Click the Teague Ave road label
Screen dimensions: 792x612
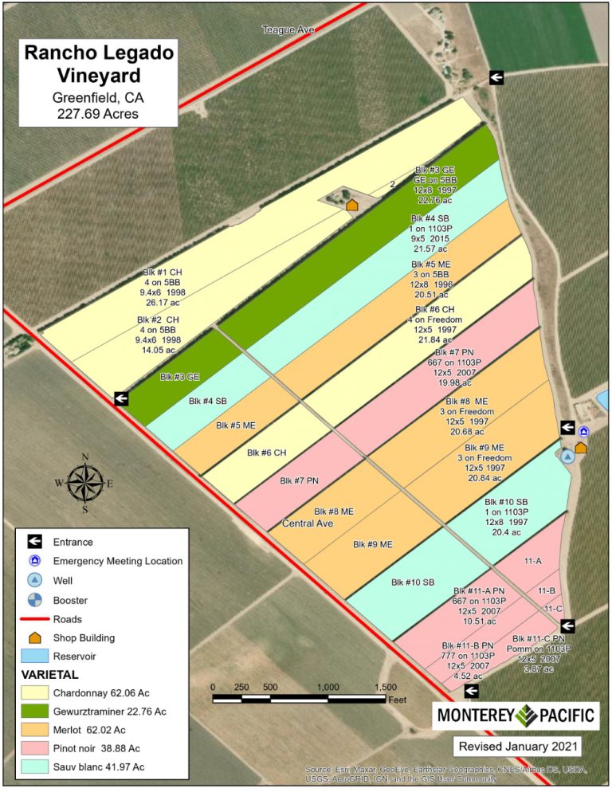[288, 29]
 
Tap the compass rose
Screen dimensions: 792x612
[84, 483]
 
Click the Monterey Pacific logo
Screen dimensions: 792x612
[516, 715]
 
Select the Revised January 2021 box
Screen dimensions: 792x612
[516, 747]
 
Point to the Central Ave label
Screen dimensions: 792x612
[308, 523]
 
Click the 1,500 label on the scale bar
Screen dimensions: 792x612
[385, 687]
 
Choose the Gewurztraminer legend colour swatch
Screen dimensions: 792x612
[34, 711]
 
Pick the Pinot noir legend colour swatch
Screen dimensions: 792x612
[34, 749]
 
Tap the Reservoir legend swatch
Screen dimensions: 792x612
[34, 656]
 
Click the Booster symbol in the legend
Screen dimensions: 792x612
[34, 600]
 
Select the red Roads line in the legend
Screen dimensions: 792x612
[34, 619]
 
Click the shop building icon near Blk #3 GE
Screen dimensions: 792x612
[351, 206]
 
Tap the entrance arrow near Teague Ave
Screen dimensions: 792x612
[496, 76]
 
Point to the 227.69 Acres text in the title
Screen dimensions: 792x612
[98, 114]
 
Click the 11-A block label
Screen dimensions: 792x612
[533, 562]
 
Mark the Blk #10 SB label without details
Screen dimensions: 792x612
[412, 582]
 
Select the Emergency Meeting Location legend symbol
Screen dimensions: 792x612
[34, 561]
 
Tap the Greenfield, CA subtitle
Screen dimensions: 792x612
[98, 98]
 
